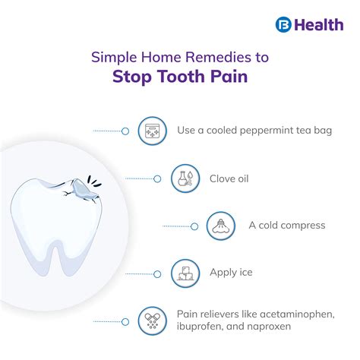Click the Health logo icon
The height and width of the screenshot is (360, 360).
coord(283,24)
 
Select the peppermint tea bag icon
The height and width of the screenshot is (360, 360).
coord(152,130)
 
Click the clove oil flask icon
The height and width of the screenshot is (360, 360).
coord(186,178)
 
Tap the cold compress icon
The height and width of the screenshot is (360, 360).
coord(221,226)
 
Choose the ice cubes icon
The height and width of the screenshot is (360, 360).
coord(185,271)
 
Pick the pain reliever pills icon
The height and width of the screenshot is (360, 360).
coord(152,319)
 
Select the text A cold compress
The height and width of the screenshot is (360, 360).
coord(286,226)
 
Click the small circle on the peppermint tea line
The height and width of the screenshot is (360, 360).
coord(125,131)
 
